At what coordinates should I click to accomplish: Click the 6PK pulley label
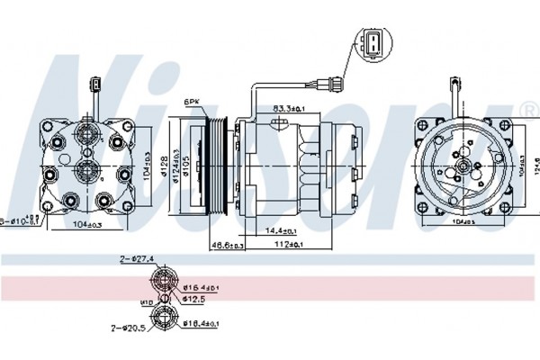(191, 102)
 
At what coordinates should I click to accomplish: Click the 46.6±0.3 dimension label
(229, 244)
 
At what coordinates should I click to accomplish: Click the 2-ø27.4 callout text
(138, 259)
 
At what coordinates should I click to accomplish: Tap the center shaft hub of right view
(461, 165)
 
